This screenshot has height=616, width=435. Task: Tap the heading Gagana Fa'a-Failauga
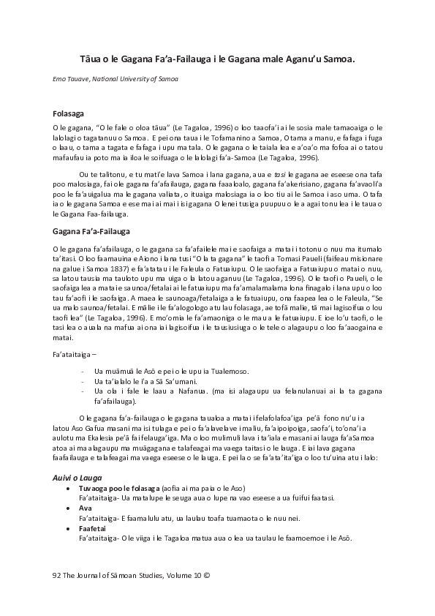[91, 230]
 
